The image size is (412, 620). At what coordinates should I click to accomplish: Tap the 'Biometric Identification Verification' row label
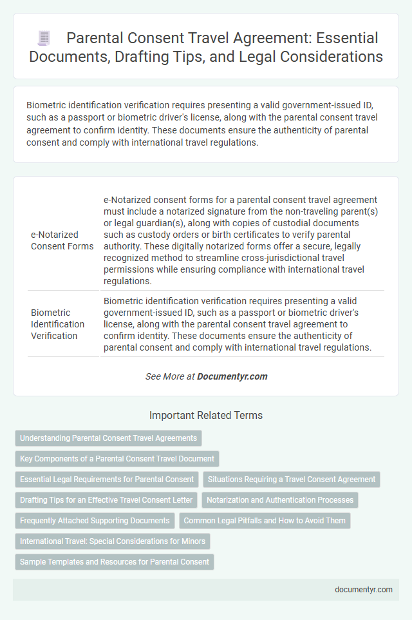point(58,324)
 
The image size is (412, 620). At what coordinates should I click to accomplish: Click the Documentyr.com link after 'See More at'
point(232,376)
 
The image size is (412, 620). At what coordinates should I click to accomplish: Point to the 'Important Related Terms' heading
point(205,416)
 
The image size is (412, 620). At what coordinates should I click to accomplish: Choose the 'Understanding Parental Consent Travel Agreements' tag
point(108,438)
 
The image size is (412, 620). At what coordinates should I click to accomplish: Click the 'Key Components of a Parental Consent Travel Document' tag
point(117,459)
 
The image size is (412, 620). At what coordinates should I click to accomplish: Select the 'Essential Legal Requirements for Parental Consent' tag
point(107,480)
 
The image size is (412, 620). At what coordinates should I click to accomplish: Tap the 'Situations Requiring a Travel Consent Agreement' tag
point(292,480)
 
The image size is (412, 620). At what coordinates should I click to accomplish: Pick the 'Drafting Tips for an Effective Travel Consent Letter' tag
point(107,500)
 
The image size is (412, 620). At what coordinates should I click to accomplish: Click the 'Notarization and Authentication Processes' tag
point(279,500)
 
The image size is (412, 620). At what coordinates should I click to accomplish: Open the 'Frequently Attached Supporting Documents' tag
point(95,521)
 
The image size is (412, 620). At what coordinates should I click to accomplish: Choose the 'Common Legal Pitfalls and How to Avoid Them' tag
point(265,521)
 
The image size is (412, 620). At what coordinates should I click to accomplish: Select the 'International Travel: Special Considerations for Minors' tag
point(112,541)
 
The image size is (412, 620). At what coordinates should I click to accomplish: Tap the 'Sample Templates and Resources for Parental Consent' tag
point(115,562)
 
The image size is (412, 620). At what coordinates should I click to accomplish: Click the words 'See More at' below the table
point(170,376)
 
